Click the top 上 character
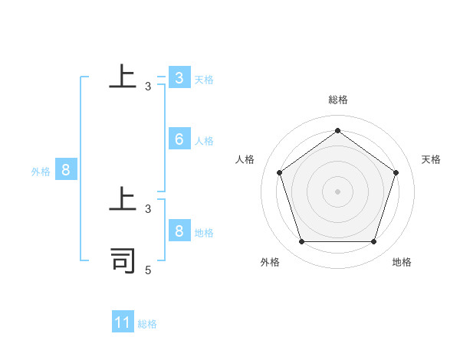coord(123,77)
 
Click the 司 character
coord(123,260)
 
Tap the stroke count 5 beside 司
coord(148,270)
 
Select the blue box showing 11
coord(123,322)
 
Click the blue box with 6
coord(179,139)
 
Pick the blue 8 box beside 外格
coord(66,170)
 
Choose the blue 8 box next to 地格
coord(179,231)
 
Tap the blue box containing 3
coord(179,78)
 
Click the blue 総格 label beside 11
coord(147,324)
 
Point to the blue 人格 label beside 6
coord(204,141)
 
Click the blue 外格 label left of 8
coord(41,172)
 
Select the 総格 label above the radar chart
coord(338,100)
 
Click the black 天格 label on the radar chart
coord(432,159)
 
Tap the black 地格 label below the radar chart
coord(402,262)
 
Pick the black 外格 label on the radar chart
coord(270,262)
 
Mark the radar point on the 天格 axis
coord(396,172)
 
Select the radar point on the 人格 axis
coord(280,172)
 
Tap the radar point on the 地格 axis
coord(373,241)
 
